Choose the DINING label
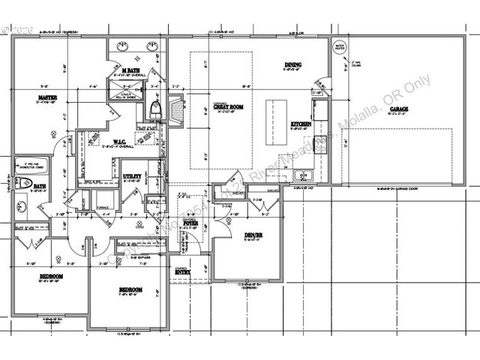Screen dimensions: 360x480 tap(292, 64)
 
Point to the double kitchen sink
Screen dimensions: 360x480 tap(302, 176)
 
